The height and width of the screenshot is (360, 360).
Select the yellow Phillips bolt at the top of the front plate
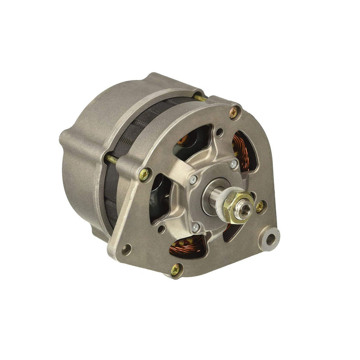pos(234,112)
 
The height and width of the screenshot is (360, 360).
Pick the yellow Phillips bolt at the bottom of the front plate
pos(175,269)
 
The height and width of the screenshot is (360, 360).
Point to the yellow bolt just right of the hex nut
pos(260,206)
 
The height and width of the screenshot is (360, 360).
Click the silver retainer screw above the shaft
pos(234,164)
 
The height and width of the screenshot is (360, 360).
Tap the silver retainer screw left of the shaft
pos(193,180)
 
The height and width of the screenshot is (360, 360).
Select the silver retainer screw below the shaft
pos(196,228)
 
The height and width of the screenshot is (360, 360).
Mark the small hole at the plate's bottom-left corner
pos(127,247)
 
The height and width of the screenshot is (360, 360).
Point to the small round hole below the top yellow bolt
pos(219,132)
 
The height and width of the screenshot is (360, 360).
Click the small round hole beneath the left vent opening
pos(161,229)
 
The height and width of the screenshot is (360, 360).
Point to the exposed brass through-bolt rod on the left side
pos(112,159)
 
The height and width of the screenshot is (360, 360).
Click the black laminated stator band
pos(135,130)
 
